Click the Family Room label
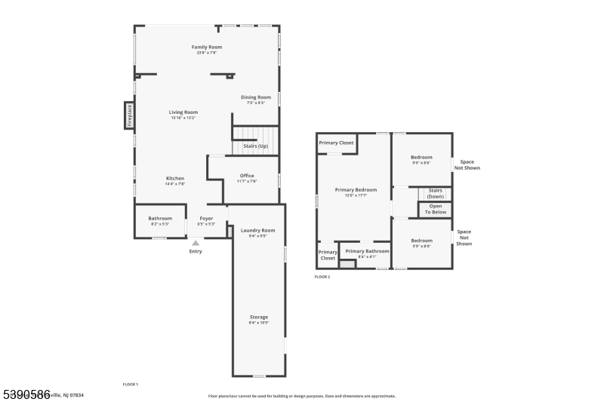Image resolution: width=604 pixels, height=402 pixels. click(206, 47)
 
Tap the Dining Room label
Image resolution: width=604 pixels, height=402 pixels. click(256, 97)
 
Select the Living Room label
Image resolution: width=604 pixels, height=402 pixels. click(183, 112)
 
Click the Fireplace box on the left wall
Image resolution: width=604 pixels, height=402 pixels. click(129, 115)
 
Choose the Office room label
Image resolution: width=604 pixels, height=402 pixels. click(247, 176)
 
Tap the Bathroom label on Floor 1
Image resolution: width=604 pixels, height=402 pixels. click(160, 218)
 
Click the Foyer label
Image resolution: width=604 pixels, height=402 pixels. click(206, 218)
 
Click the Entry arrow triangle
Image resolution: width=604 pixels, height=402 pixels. click(196, 243)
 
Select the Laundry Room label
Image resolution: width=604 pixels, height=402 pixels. click(257, 230)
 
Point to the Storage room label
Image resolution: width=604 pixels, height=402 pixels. click(259, 317)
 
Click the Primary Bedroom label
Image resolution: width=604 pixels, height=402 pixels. click(356, 189)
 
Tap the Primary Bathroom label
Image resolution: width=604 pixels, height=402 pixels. click(367, 250)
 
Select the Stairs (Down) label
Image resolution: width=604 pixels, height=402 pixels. click(435, 193)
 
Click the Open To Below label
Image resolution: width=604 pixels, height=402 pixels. click(436, 209)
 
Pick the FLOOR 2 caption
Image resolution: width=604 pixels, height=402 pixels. click(322, 277)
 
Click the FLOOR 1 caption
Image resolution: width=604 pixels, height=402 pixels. click(131, 384)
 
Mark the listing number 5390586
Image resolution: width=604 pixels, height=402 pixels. click(26, 394)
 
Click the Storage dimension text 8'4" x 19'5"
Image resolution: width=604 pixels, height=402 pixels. click(259, 323)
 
